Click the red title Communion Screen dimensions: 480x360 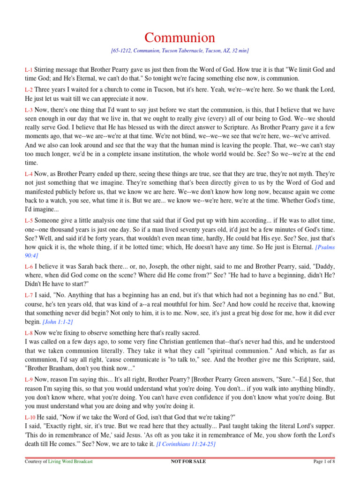(180, 37)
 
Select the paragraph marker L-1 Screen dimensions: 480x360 (29, 70)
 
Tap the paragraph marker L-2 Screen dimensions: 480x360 (29, 90)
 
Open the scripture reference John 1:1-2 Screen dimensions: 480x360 (58, 322)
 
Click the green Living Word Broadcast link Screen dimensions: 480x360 (71, 462)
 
